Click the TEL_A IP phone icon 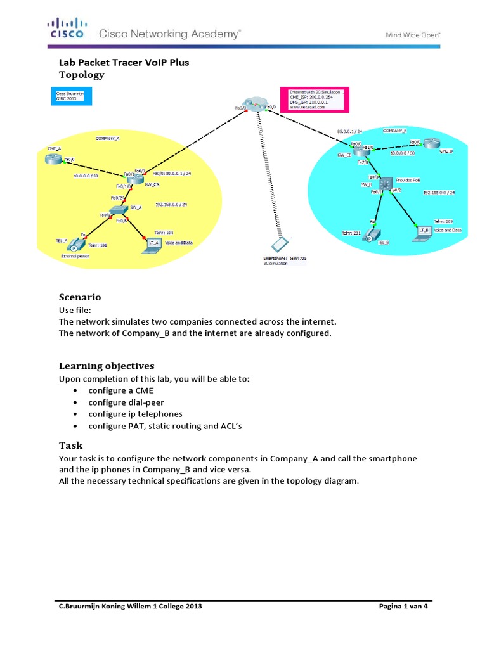pos(75,243)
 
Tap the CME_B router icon pos(432,145)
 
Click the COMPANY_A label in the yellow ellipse pos(107,138)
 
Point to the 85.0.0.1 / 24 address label pos(349,132)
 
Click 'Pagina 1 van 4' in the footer pos(404,607)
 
